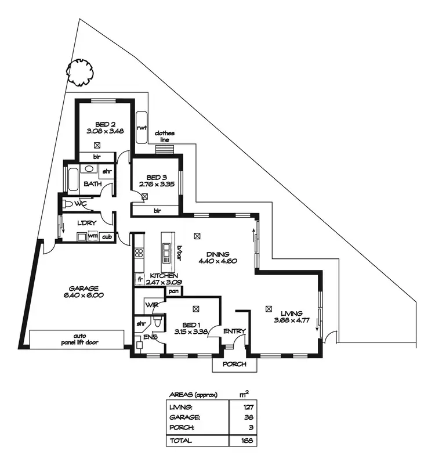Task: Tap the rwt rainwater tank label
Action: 140,128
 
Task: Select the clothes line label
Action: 164,136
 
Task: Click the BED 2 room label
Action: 104,124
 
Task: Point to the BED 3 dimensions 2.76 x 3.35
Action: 157,185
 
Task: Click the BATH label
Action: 92,184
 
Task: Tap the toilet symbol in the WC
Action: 68,204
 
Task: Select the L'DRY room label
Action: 86,222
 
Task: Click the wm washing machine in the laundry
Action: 93,236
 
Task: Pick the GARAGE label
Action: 84,288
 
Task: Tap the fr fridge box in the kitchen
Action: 139,280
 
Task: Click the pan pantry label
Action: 172,291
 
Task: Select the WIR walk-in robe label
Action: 153,305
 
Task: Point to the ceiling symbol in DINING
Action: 198,236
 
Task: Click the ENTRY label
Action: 235,331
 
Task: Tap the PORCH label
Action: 234,365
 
